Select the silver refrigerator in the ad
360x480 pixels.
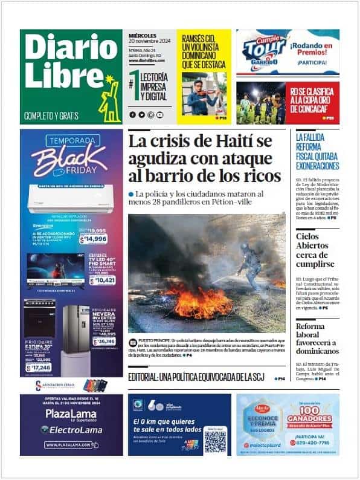click(76, 330)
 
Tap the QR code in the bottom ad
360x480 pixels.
click(215, 441)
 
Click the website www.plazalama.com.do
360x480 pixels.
click(70, 444)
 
